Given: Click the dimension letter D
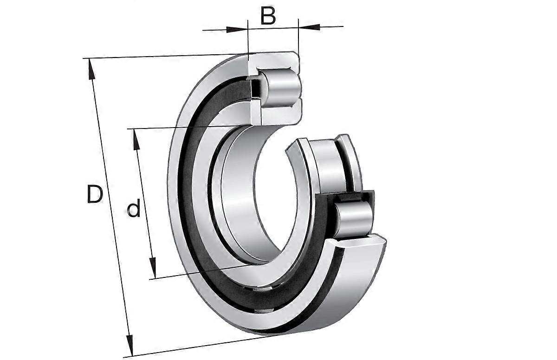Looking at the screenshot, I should (94, 194).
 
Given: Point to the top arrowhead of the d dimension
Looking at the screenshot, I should (136, 136).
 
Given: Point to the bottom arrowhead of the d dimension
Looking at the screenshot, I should (152, 270).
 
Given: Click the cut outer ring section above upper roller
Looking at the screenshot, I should (274, 60).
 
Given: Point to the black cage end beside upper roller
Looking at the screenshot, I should (254, 88).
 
